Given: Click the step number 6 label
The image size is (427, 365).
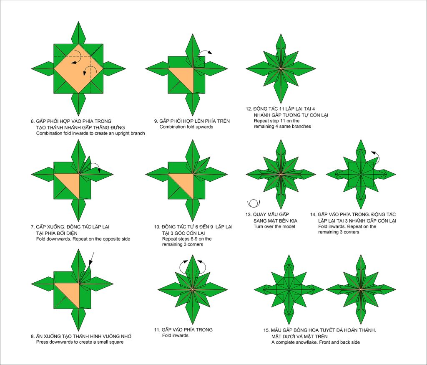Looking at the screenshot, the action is click(33, 121).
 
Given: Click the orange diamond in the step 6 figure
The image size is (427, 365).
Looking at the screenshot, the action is click(78, 69).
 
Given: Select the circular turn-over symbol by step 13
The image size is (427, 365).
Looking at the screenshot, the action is click(254, 203).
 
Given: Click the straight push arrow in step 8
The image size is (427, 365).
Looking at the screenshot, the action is click(91, 259).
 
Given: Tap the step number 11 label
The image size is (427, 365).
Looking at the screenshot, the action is click(157, 330).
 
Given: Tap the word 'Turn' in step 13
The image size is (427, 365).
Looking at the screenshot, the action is click(258, 226).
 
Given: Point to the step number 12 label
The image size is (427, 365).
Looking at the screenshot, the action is click(249, 109).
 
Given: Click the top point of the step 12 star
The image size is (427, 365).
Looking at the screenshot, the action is click(281, 34).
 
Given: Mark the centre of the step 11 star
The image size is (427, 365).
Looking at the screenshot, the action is click(193, 289).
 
